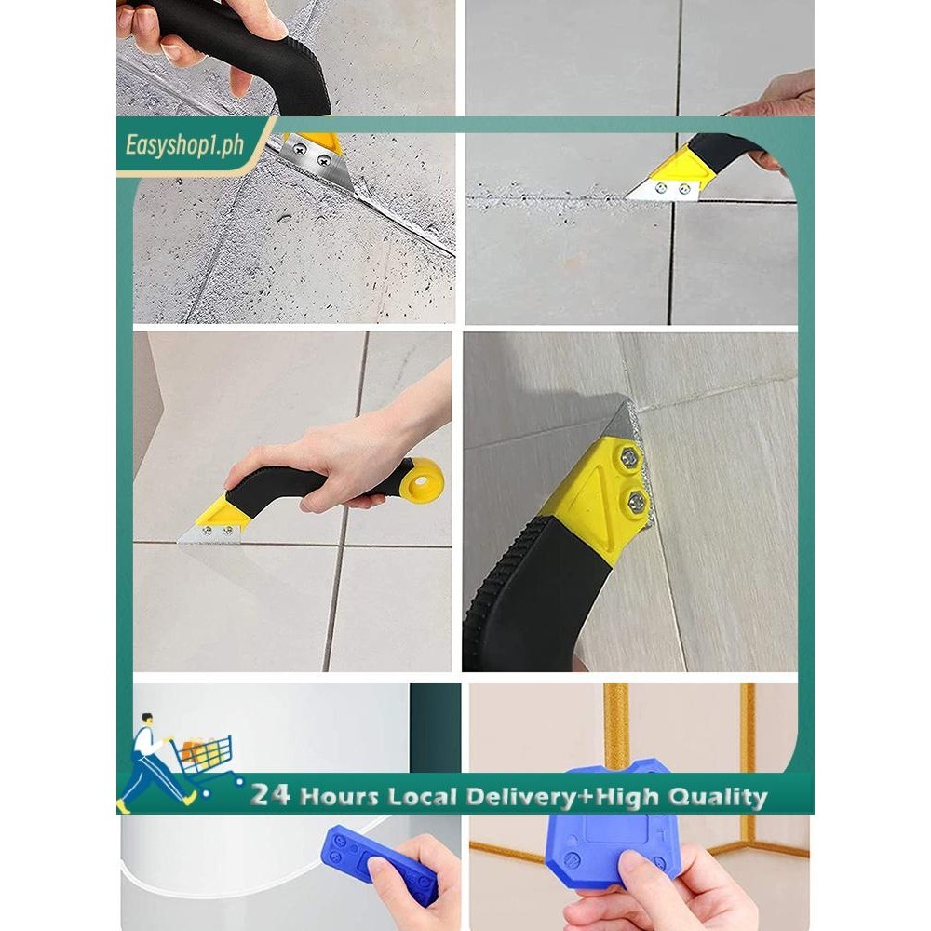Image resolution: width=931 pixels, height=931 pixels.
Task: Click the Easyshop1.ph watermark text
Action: (x=184, y=145)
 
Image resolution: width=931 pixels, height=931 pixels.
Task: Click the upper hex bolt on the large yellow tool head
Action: (x=629, y=457)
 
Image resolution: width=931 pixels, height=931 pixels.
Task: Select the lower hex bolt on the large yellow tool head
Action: (x=637, y=502)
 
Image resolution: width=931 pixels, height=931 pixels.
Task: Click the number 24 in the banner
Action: (x=270, y=794)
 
